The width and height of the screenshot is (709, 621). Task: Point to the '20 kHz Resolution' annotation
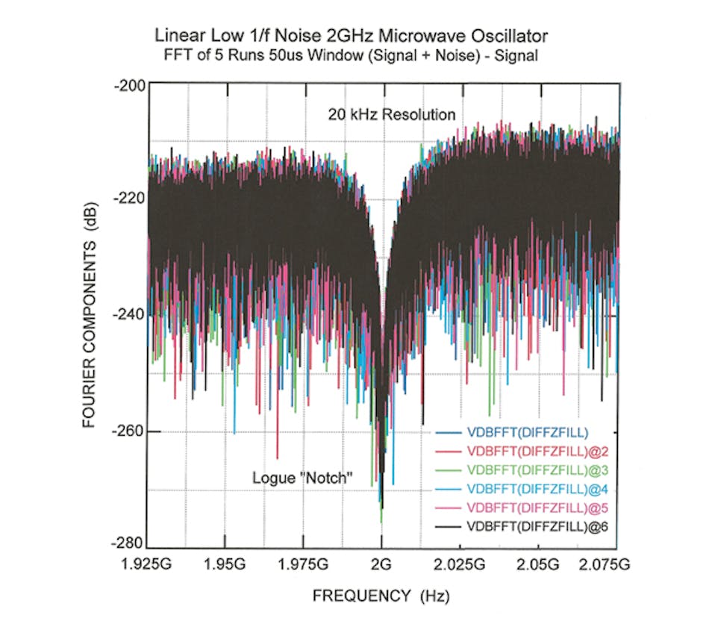pos(391,115)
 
